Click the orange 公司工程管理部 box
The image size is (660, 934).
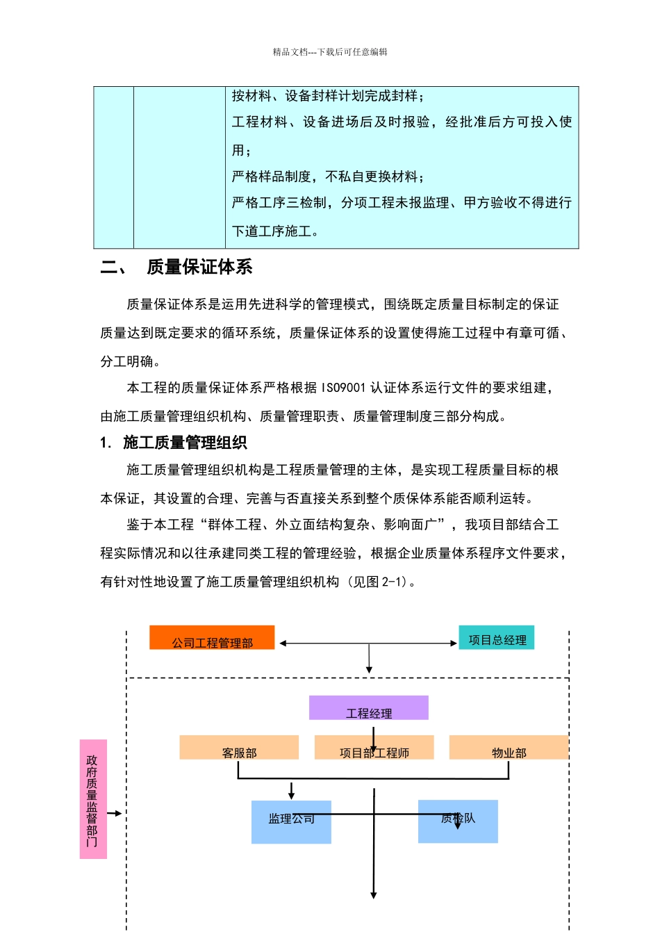[x=212, y=638]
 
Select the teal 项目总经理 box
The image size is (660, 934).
[x=496, y=638]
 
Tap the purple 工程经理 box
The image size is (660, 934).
[x=368, y=708]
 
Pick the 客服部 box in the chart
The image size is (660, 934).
[x=239, y=748]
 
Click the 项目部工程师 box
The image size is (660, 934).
[x=374, y=748]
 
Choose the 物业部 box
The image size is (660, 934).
[x=509, y=748]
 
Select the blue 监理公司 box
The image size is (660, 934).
[x=291, y=822]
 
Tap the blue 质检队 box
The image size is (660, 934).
[x=458, y=821]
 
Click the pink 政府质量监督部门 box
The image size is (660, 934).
[x=93, y=799]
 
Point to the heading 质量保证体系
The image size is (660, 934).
[x=199, y=268]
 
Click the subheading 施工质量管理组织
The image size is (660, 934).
[x=185, y=443]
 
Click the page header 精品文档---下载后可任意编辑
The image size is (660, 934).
[x=330, y=52]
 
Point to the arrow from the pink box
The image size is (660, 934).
[x=115, y=813]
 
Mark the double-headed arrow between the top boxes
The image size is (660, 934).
[x=368, y=644]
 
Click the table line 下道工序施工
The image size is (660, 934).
[x=275, y=231]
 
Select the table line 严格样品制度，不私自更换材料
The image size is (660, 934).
[x=327, y=177]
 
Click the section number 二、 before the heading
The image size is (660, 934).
[x=113, y=268]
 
